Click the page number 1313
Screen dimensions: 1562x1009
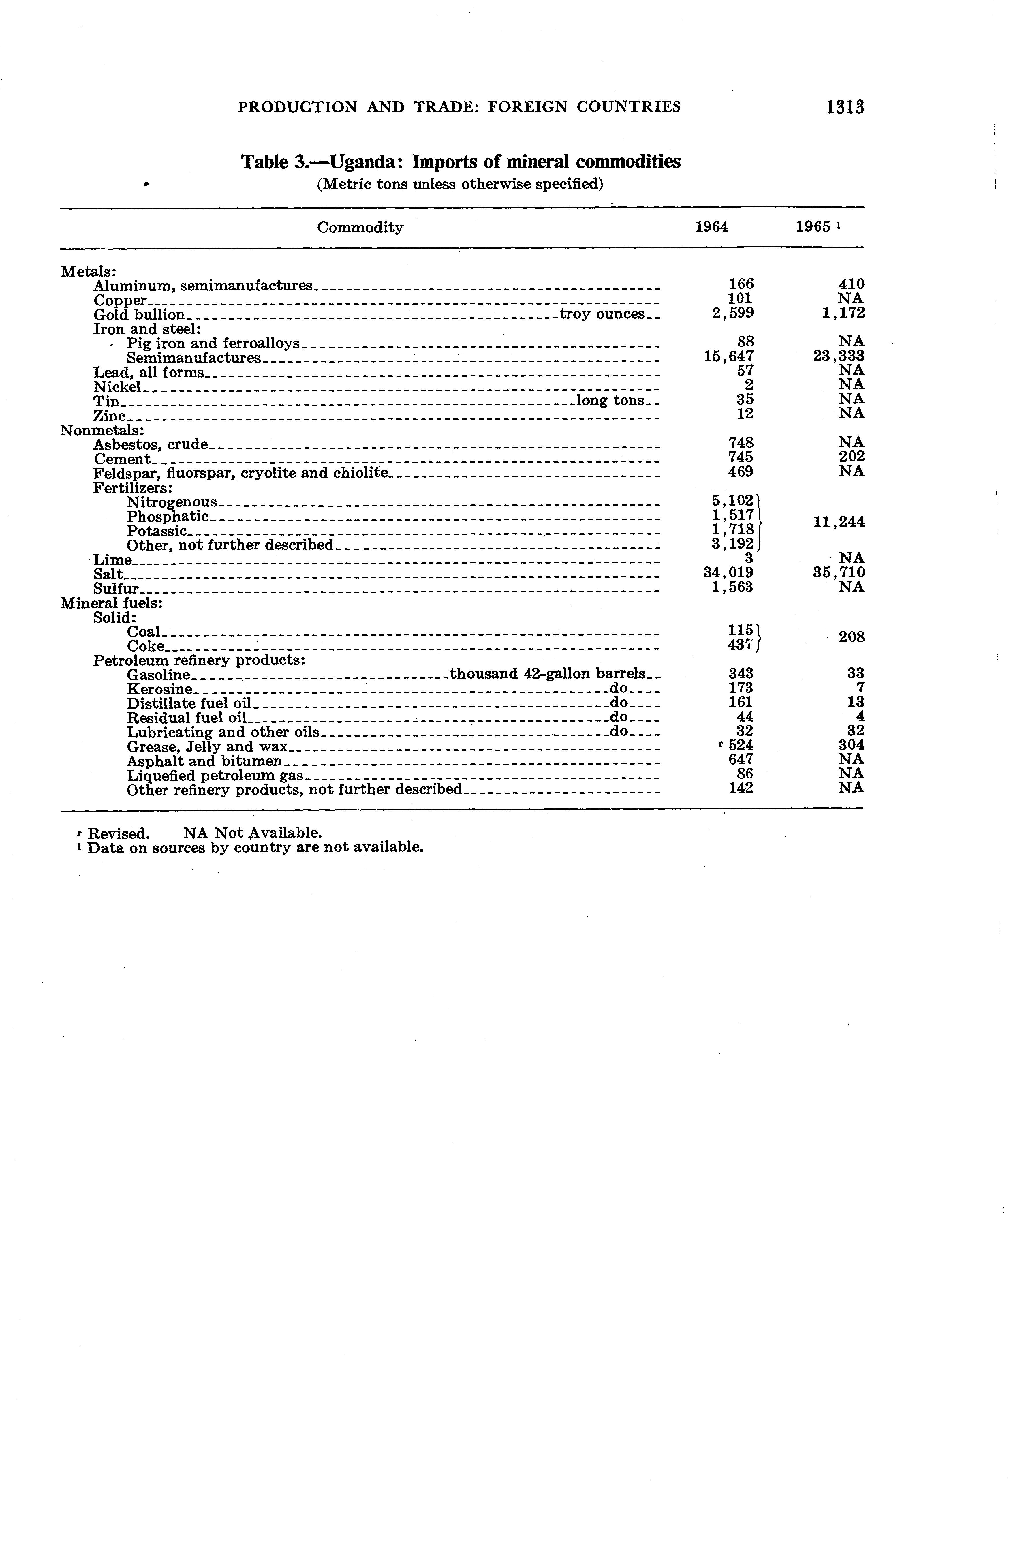846,107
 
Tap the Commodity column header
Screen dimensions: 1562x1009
360,227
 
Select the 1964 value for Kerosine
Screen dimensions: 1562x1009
740,687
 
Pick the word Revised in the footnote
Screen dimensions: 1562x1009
118,833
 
